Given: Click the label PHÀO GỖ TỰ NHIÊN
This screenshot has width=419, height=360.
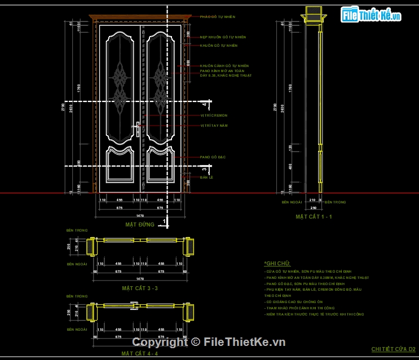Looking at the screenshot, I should point(217,17).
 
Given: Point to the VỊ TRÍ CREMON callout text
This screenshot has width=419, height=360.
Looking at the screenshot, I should point(214,115).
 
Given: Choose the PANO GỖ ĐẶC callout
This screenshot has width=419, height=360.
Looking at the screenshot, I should point(213,157).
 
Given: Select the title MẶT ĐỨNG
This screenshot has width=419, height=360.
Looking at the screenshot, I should point(140,224).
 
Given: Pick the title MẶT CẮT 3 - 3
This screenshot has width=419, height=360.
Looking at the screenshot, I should point(140,288).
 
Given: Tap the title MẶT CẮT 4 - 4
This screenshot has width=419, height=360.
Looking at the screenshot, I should point(140,353).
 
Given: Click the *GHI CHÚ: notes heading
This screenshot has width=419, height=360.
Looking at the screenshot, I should point(276,263).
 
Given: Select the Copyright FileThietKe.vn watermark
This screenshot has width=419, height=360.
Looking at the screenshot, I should point(209,341).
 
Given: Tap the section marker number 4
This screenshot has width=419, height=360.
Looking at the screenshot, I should point(205,105).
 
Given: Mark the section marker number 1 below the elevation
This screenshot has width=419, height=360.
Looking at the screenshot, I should point(164,221).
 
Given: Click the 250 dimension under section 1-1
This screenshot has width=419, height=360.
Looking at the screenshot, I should point(312,208).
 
